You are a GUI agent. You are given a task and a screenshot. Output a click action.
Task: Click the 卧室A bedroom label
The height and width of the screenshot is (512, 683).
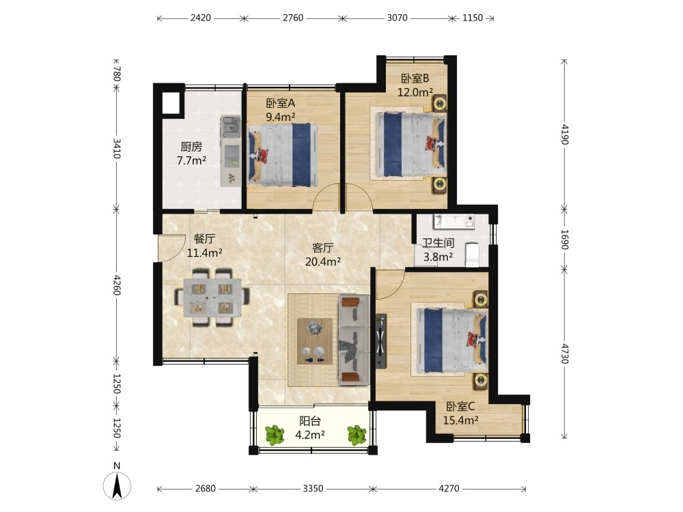281,103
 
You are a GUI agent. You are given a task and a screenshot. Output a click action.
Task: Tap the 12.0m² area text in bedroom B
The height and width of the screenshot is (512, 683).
415,92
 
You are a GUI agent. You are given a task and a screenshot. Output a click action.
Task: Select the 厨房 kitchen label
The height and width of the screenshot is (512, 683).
191,147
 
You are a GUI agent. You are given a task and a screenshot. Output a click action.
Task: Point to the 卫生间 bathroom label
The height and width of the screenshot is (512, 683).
438,243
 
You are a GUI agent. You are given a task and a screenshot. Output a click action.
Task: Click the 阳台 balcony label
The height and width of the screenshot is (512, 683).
310,421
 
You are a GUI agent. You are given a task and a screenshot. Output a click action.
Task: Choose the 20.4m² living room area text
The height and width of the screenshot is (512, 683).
323,261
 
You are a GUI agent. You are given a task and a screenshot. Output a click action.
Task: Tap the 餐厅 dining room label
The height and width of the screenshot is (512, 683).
204,238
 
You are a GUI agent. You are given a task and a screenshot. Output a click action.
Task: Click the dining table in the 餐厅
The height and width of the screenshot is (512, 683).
212,298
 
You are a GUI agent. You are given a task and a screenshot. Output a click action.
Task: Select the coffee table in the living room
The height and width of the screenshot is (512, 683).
314,341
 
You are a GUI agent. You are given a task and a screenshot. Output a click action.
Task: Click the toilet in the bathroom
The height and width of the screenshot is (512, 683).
472,255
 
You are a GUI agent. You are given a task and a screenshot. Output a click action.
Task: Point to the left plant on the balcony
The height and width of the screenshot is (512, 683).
275,435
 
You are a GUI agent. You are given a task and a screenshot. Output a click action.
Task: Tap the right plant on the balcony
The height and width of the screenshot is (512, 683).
357,435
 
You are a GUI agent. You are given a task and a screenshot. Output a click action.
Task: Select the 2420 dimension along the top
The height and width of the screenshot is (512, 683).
200,18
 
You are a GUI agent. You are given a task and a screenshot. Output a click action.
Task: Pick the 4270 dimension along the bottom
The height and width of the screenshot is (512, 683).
449,489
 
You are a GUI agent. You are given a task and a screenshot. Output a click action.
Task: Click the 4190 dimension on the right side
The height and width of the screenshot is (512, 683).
565,134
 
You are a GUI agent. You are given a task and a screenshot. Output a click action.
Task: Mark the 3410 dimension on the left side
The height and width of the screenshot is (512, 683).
117,148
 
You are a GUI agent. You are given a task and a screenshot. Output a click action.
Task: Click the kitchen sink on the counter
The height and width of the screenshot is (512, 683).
231,126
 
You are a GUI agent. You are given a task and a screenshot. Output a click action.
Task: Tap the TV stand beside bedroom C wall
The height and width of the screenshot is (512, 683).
380,341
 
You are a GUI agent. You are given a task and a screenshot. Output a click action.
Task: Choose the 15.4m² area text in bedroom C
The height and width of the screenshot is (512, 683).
461,420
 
